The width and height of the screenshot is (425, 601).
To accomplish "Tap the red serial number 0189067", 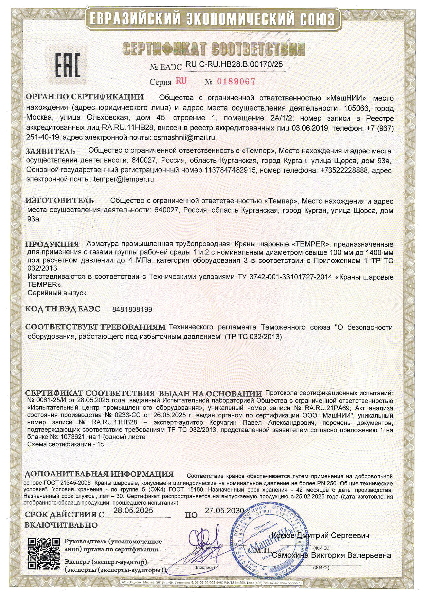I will pos(236,82).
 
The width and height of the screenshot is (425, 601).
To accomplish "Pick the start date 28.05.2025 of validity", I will pos(133,510).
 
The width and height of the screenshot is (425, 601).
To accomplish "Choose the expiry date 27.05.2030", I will pos(224,510).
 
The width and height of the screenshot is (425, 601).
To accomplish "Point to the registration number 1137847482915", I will pos(229,170).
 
